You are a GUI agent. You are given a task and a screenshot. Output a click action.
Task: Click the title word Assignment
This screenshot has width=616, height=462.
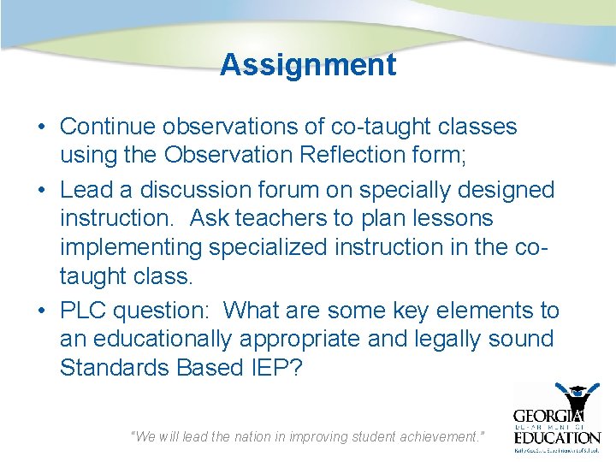coord(307,65)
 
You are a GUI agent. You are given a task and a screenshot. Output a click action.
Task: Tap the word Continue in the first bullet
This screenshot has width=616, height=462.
coord(107,127)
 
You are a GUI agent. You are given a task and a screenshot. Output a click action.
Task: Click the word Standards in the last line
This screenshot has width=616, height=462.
coord(116,368)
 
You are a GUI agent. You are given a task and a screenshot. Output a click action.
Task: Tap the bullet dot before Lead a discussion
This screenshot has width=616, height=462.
coord(41,190)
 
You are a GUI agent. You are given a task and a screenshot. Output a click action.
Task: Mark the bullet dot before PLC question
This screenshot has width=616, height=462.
coord(41,311)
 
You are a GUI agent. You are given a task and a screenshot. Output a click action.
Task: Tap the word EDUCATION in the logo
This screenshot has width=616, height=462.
coord(557,436)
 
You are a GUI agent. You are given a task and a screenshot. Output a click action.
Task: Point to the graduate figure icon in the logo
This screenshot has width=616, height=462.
coord(583,398)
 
